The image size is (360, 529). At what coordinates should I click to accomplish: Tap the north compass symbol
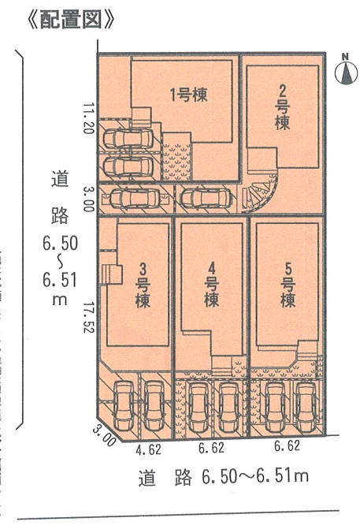(346, 70)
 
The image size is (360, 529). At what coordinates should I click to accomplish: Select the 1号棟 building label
(189, 95)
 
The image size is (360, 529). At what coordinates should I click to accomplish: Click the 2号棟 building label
(282, 107)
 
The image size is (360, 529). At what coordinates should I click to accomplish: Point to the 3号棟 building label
(143, 285)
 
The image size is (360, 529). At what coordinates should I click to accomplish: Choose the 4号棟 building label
(212, 285)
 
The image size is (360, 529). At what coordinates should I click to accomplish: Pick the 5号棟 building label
(288, 285)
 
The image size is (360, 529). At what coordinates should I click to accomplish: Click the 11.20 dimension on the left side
(88, 118)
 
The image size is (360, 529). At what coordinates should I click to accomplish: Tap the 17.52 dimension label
(88, 317)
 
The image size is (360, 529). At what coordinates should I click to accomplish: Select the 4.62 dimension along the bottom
(148, 449)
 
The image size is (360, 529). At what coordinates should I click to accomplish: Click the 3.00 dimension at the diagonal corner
(105, 436)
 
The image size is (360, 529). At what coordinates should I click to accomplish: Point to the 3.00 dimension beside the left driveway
(88, 199)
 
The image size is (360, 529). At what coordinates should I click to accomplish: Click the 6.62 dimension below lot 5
(287, 445)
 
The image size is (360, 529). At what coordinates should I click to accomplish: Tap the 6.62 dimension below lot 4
(211, 448)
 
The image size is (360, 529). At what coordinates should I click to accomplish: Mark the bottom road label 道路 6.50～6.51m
(223, 477)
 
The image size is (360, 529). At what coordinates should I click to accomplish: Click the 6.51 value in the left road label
(60, 280)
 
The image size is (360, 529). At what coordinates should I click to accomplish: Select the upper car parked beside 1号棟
(128, 138)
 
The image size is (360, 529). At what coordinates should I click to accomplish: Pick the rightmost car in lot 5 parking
(306, 407)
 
